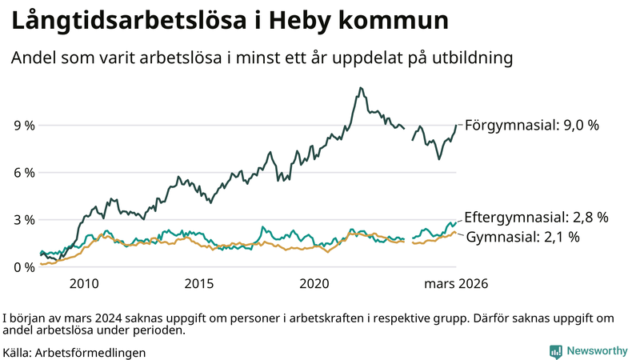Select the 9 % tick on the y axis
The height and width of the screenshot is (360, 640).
point(24,126)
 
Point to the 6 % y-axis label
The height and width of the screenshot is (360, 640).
point(24,173)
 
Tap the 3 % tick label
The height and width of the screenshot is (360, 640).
point(24,220)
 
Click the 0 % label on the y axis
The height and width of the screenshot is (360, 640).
point(24,267)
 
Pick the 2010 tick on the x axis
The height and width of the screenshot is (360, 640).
point(84,284)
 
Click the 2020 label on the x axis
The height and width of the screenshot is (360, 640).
point(314,284)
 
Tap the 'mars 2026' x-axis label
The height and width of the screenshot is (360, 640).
point(456,284)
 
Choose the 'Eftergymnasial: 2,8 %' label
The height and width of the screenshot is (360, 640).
point(537,217)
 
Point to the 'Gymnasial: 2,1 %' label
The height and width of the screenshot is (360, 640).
point(523,238)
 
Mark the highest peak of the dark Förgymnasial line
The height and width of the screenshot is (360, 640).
point(361,88)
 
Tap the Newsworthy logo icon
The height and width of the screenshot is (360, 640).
point(555,351)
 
